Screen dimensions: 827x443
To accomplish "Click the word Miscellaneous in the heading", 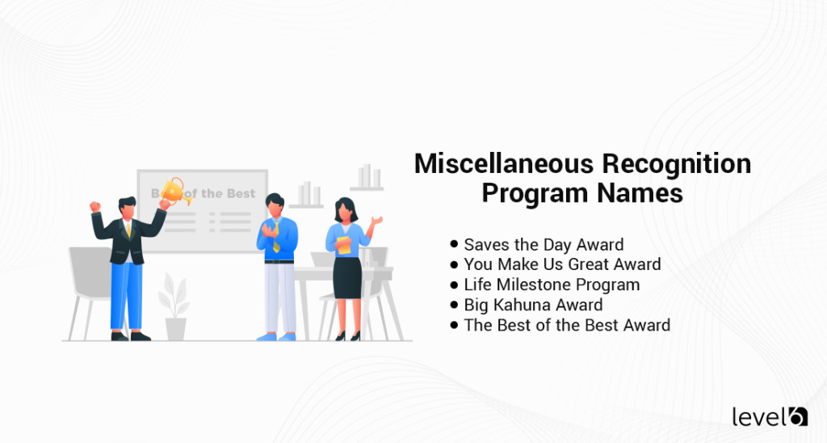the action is tap(505, 163).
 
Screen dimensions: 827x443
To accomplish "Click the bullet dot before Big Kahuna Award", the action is tap(454, 305).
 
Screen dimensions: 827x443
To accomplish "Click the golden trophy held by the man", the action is tap(175, 192).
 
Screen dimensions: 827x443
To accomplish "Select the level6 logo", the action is tap(770, 416).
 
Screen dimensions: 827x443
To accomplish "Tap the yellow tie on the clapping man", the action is tap(276, 237).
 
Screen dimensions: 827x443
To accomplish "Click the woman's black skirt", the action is tap(347, 278).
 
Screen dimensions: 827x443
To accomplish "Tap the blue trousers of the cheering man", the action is tap(127, 297).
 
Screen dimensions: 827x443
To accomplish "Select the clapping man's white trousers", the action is tap(280, 298).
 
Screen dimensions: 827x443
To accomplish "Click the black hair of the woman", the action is tap(346, 209).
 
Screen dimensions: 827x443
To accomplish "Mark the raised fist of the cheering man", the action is tap(95, 206).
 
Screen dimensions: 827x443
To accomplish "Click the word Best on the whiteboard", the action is tap(241, 194).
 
